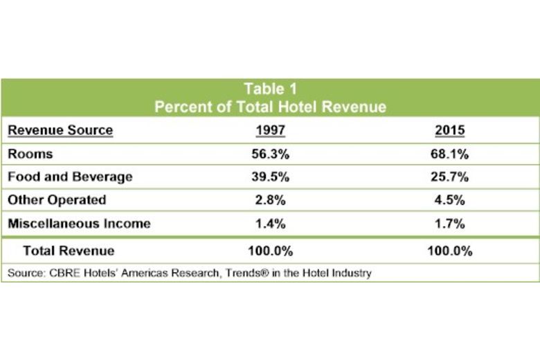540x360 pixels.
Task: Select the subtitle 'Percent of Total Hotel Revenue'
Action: [270, 107]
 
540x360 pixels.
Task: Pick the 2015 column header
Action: [449, 130]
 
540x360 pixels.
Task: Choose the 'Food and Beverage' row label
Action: [69, 177]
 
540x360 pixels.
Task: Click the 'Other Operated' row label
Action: [57, 200]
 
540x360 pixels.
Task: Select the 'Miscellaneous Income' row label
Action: [78, 223]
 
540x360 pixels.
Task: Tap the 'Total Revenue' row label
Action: [69, 251]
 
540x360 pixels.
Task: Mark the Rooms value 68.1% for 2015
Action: [449, 154]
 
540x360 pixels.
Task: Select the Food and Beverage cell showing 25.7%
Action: [449, 177]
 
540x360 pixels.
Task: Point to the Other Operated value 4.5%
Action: [449, 200]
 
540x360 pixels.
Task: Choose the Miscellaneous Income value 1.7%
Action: [449, 223]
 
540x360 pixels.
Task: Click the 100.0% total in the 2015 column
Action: [449, 251]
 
